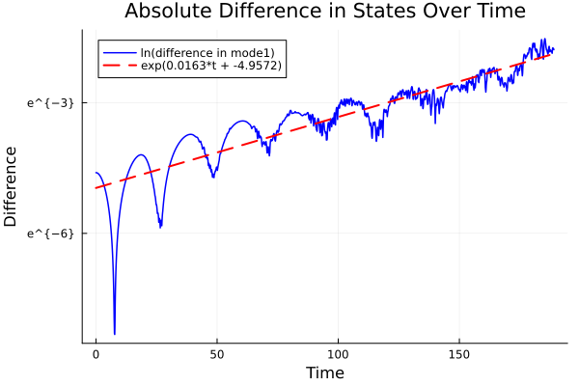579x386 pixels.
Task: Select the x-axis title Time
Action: pyautogui.click(x=324, y=372)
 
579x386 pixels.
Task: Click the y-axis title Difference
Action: pyautogui.click(x=12, y=186)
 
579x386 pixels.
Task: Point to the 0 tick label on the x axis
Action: pyautogui.click(x=96, y=354)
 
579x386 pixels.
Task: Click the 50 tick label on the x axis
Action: pyautogui.click(x=217, y=354)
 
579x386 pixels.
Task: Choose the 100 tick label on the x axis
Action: pyautogui.click(x=338, y=354)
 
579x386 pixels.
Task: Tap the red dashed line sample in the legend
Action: pyautogui.click(x=120, y=66)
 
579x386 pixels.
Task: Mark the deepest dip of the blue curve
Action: pyautogui.click(x=114, y=333)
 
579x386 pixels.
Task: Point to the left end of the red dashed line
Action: pyautogui.click(x=96, y=187)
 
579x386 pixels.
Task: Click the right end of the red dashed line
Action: pyautogui.click(x=552, y=54)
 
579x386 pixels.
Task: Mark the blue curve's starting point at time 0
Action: pyautogui.click(x=96, y=173)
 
